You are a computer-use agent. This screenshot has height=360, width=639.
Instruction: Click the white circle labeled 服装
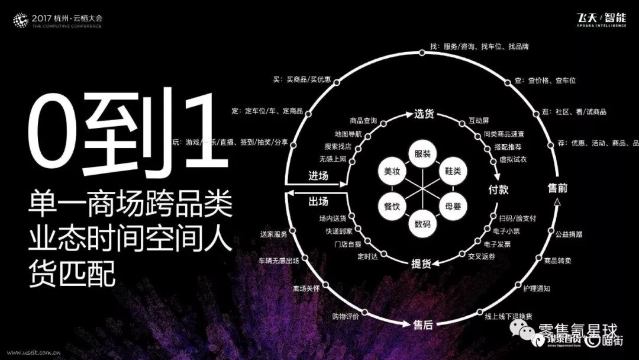click(x=422, y=154)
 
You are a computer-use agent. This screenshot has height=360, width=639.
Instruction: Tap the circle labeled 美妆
click(x=392, y=172)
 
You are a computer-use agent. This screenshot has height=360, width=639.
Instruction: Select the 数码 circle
click(x=422, y=224)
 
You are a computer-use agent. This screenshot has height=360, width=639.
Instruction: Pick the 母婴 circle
click(x=453, y=207)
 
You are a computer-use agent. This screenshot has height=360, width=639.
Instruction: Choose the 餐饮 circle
click(x=392, y=207)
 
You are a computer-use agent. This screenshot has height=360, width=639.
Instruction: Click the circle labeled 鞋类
click(x=453, y=172)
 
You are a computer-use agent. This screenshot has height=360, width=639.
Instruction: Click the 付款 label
click(x=498, y=190)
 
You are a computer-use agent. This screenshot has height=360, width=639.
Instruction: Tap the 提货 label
click(x=421, y=264)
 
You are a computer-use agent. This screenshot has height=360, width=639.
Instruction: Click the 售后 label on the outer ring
click(x=422, y=324)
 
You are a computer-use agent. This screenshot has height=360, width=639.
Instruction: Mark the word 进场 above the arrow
click(x=318, y=176)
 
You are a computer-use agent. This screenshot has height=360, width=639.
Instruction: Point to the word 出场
click(x=318, y=201)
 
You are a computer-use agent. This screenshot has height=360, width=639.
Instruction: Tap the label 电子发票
click(x=497, y=243)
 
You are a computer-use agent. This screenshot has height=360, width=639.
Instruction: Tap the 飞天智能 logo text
click(x=601, y=18)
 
